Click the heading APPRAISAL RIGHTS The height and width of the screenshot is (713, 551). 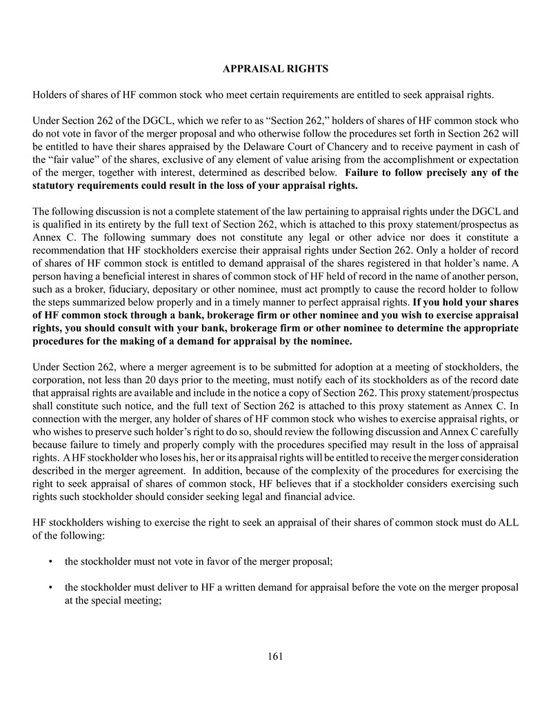pyautogui.click(x=275, y=69)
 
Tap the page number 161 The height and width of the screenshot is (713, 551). pyautogui.click(x=275, y=656)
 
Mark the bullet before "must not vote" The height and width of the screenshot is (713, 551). pyautogui.click(x=51, y=563)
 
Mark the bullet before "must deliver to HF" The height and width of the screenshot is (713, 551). pyautogui.click(x=51, y=588)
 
